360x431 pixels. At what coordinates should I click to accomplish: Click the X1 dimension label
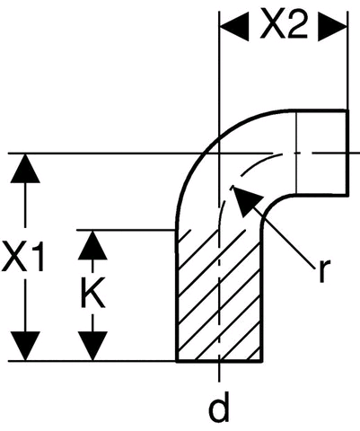22,257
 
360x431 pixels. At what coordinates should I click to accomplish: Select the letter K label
93,292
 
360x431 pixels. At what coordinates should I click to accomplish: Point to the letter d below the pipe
219,406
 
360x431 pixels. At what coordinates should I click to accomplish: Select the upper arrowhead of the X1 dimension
25,168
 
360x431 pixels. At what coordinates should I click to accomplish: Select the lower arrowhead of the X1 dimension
25,346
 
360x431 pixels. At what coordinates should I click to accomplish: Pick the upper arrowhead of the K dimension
92,245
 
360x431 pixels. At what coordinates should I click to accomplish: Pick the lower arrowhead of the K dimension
92,346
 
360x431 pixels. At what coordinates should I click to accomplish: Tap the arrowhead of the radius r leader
245,200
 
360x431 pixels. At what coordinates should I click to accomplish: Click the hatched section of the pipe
219,295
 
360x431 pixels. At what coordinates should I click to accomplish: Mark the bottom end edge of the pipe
219,361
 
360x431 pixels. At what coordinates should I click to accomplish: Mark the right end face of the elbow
347,153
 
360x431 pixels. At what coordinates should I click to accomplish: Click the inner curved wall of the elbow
269,204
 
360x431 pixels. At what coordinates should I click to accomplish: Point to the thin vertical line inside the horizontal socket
296,153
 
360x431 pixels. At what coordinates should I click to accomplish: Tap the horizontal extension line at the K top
126,230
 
